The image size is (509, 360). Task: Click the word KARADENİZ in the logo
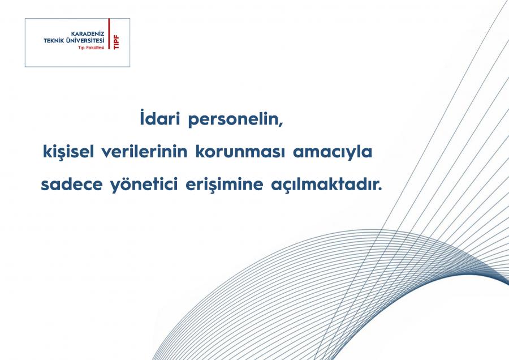coord(88,34)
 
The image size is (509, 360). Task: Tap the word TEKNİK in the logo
coord(54,41)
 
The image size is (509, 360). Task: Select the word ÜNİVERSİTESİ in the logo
coord(85,40)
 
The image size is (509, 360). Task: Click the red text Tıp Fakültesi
coord(91,48)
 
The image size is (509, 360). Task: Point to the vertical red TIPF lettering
coord(116,42)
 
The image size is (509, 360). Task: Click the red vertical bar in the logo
coord(109,34)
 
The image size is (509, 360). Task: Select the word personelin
coord(235,119)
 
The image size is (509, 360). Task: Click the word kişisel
coord(68,151)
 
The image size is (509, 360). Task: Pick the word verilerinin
coord(144,151)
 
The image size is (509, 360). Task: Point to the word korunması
coord(240,151)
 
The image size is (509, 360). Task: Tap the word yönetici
coord(144,184)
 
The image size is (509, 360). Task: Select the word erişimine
coord(225,184)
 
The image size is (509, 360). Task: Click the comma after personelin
coord(281,125)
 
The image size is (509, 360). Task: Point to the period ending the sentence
coord(381,189)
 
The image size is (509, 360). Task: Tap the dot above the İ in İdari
coord(142,110)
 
